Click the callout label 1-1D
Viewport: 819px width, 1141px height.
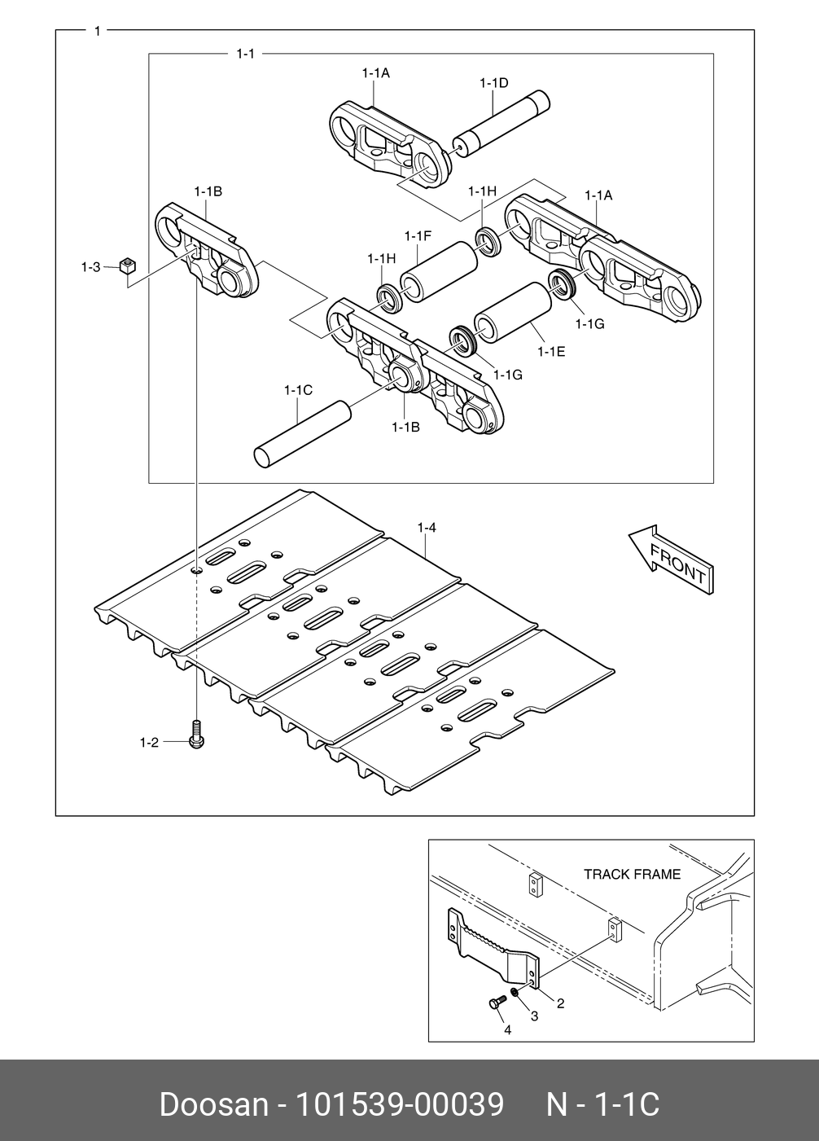point(494,82)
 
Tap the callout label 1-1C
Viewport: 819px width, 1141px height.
point(299,390)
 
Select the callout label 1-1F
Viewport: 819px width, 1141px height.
point(418,236)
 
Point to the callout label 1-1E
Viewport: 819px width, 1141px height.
point(552,352)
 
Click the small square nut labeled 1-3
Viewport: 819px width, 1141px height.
point(127,266)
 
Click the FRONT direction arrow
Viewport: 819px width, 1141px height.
point(671,560)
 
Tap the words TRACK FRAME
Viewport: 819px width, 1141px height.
point(632,874)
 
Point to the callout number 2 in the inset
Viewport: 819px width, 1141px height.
point(560,1003)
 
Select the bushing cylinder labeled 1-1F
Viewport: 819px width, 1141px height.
point(439,272)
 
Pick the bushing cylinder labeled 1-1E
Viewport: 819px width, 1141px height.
point(513,312)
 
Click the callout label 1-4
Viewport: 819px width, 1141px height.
point(427,528)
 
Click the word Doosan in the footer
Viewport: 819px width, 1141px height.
point(214,1104)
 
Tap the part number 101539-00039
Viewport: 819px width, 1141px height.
point(400,1104)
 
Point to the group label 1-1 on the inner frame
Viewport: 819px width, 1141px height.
point(246,54)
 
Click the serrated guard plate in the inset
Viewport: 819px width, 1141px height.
point(493,949)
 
